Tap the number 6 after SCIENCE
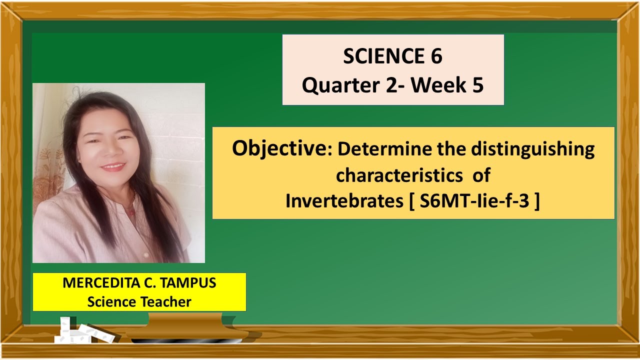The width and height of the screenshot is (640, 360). pyautogui.click(x=435, y=57)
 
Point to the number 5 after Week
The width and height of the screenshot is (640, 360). pyautogui.click(x=477, y=86)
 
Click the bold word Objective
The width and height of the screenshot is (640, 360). pyautogui.click(x=278, y=149)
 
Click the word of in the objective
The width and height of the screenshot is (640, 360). pyautogui.click(x=481, y=175)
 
